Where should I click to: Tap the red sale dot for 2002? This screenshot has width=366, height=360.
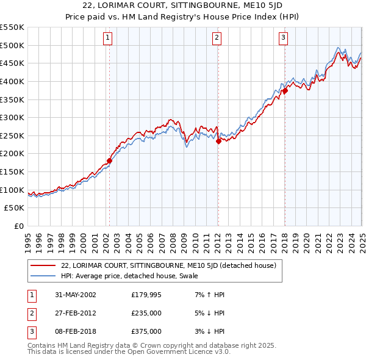(x=110, y=161)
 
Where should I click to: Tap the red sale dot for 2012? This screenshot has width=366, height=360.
(x=218, y=141)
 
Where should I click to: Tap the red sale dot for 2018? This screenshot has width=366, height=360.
(x=285, y=91)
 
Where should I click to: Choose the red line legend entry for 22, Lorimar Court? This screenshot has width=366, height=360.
(x=168, y=265)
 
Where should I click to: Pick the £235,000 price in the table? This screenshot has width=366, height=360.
(x=146, y=313)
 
